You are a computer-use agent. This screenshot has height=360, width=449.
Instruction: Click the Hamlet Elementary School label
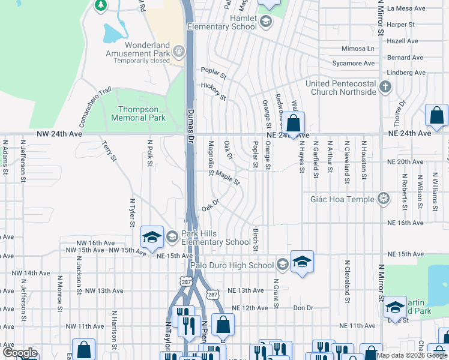click(221, 23)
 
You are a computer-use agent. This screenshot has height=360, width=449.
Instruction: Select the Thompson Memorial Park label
click(138, 113)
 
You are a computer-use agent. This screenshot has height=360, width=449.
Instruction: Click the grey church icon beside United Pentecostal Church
click(385, 88)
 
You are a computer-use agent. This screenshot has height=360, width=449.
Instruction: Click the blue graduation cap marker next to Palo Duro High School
click(303, 262)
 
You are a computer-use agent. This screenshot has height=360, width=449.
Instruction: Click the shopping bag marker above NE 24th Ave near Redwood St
click(293, 124)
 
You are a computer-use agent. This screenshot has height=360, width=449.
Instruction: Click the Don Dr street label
click(304, 308)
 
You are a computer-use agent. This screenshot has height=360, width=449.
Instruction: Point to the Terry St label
click(109, 151)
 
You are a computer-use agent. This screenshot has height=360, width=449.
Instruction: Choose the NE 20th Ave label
click(406, 162)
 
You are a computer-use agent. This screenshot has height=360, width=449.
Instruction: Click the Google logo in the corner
click(19, 353)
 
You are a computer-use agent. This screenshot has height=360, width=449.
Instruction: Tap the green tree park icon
click(101, 5)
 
